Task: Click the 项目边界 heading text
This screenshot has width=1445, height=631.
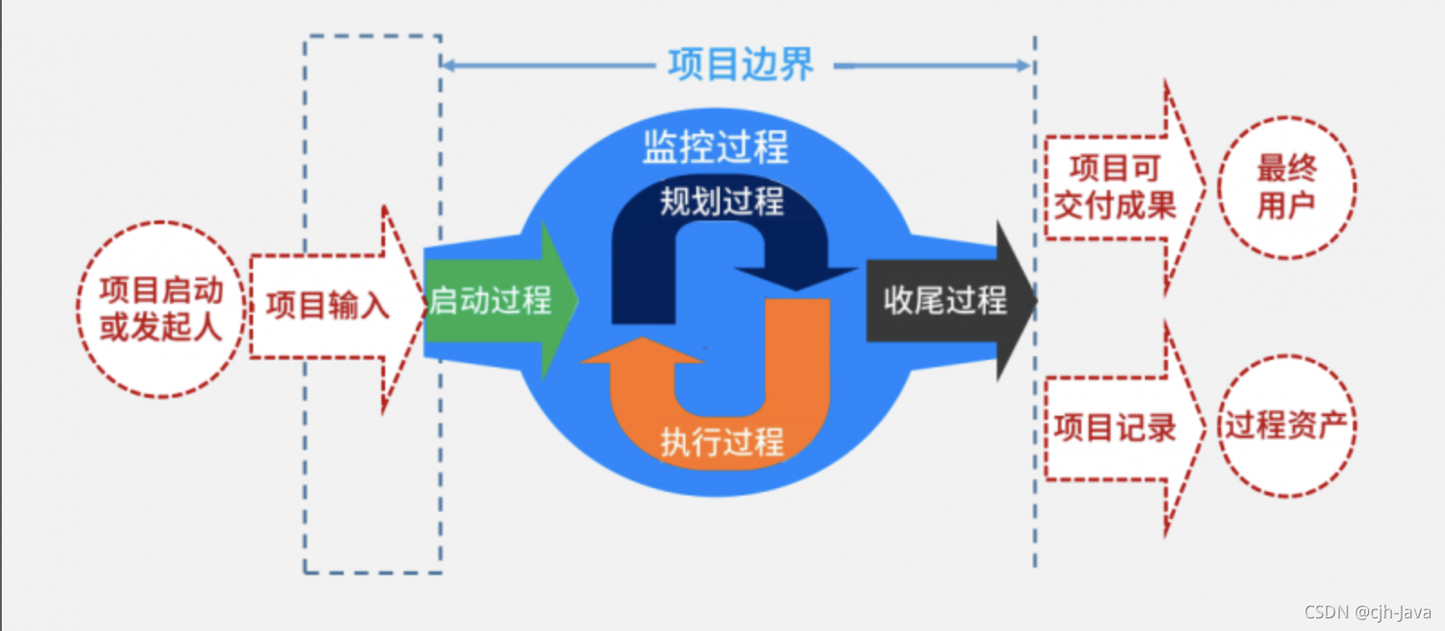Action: coord(741,65)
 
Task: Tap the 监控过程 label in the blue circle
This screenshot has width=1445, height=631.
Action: coord(715,146)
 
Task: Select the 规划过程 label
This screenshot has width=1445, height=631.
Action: coord(721,201)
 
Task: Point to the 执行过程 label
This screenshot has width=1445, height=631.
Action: coord(721,442)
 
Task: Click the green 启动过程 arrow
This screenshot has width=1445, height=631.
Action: coord(493,300)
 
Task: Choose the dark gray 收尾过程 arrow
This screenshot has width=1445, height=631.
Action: coord(945,300)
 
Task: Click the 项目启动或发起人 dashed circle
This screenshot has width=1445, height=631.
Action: coord(161,308)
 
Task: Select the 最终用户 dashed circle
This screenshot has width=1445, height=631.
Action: coord(1286,187)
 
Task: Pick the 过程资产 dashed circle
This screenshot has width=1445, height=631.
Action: coord(1286,425)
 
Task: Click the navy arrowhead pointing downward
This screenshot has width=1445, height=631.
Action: coord(796,277)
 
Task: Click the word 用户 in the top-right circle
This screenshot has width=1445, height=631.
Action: coord(1286,206)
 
